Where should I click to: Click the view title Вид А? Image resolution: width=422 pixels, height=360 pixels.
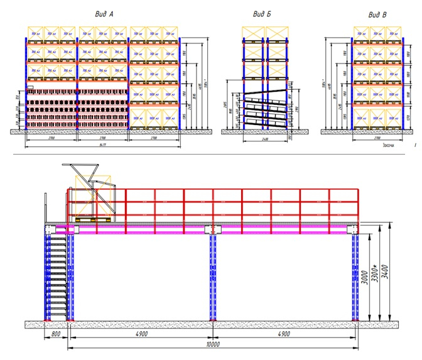click(102, 14)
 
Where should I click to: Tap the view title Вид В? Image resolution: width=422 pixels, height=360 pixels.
click(377, 14)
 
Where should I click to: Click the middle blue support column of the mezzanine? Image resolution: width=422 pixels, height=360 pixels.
click(212, 276)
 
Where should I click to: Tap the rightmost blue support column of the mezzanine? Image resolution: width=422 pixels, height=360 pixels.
click(355, 276)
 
